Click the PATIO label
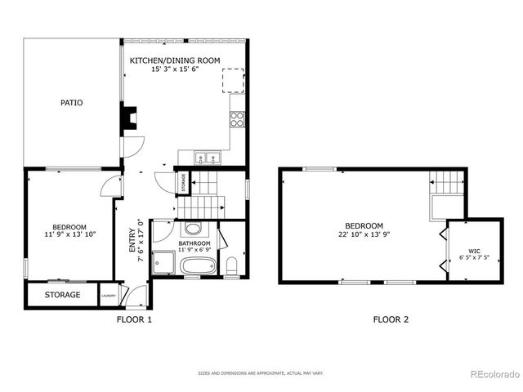pos(72,103)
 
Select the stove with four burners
pos(238,119)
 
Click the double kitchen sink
pos(207,157)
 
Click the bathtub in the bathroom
pos(198,266)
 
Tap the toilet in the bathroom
pos(232,265)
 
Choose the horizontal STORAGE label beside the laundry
pos(62,295)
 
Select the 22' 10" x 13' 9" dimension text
pos(364,235)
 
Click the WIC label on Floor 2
pos(475,251)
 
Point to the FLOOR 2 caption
pos(391,320)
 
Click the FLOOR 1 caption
pos(134,320)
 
